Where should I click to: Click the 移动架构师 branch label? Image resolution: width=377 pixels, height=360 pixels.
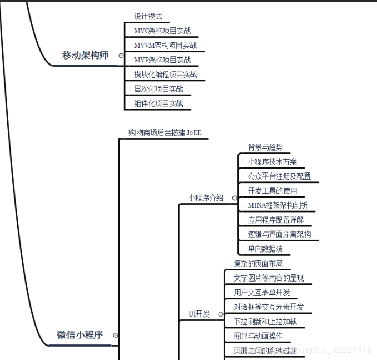(85, 55)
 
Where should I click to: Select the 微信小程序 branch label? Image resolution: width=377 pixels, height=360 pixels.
(80, 335)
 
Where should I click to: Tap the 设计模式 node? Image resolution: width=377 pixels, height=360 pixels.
(148, 17)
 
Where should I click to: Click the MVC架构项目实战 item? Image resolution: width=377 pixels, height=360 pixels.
(162, 31)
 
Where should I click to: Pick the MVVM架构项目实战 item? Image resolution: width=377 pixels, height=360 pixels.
(165, 46)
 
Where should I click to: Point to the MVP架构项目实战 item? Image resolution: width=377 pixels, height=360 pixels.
(162, 60)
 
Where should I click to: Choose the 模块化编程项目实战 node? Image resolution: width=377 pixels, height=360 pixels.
(165, 75)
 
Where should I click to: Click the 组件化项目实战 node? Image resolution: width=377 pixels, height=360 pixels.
(158, 103)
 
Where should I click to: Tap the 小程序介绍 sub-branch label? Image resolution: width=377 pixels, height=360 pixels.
(206, 198)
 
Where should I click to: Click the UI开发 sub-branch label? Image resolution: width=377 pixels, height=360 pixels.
(199, 314)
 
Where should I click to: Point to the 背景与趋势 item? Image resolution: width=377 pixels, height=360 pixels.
(265, 147)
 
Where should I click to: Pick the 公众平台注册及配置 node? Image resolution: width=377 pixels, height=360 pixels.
(279, 176)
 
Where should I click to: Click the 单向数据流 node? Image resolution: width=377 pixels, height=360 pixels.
(265, 249)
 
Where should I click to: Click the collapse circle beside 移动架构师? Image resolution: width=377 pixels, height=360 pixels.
(121, 55)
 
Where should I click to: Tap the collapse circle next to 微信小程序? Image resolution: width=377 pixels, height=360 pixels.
(115, 335)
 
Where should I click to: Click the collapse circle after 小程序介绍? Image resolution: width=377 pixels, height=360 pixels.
(235, 198)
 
